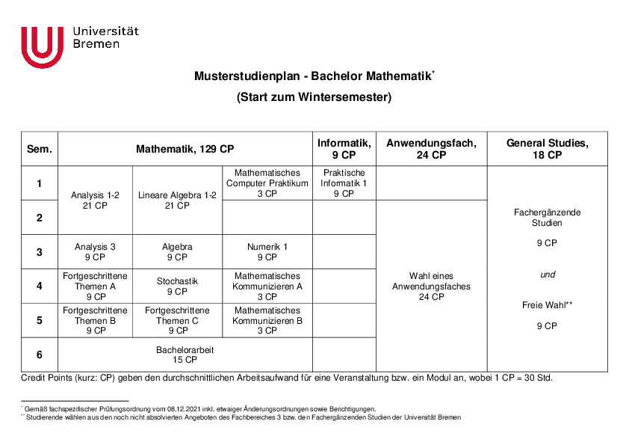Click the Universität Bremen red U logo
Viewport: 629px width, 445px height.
[43, 46]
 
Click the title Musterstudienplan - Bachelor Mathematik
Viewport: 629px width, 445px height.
[314, 76]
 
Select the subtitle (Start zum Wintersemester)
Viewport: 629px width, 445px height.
[314, 97]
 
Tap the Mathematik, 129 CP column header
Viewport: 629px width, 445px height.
[185, 149]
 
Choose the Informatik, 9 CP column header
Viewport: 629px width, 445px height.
[344, 149]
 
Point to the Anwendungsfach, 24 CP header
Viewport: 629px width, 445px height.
[431, 149]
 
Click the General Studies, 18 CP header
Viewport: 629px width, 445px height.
[547, 149]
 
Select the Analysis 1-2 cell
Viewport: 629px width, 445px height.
[95, 200]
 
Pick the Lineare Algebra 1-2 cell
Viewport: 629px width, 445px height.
[177, 200]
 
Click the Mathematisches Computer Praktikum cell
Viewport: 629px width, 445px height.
[267, 183]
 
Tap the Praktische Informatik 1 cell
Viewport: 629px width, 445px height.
[344, 183]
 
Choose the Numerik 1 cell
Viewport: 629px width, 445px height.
[267, 252]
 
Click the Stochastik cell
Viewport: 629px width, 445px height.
[177, 286]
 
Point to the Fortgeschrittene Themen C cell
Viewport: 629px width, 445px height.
[177, 321]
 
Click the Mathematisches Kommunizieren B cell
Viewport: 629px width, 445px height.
[267, 321]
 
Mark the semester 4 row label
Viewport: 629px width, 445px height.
[40, 286]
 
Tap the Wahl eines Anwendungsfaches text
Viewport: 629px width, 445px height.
[431, 281]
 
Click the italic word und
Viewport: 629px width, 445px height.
[548, 274]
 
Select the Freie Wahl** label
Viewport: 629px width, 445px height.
[547, 305]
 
